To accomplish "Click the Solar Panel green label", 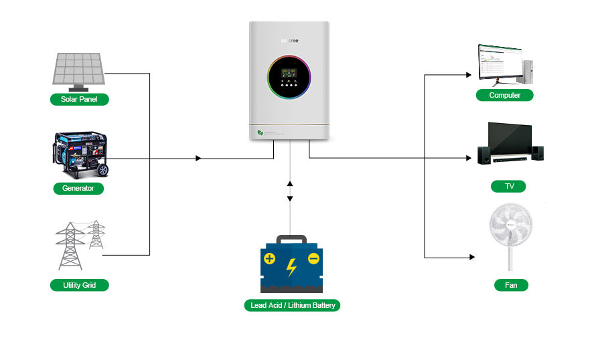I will pos(79,100).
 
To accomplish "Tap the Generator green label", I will pos(78,189).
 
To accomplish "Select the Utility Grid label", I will pos(79,285).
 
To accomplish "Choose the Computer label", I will pos(504,95).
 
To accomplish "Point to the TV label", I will pos(509,186).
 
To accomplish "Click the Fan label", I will pos(510,285).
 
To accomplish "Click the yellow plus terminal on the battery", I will pos(269,259).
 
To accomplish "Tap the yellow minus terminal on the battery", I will pos(313,259).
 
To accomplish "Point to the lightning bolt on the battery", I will pos(291,267).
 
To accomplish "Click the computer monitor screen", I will pos(498,61).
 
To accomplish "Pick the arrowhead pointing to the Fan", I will pos(472,258).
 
